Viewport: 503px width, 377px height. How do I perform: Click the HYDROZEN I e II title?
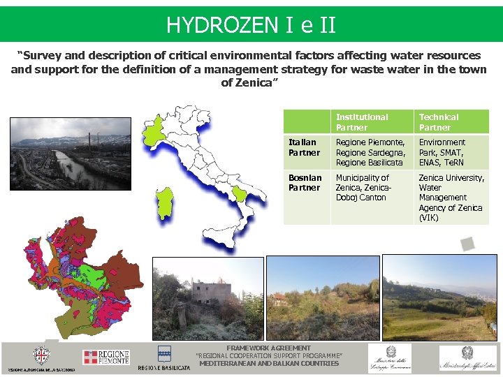click(251, 26)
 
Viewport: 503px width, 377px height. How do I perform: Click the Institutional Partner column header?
click(362, 122)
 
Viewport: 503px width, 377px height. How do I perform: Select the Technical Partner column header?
click(439, 122)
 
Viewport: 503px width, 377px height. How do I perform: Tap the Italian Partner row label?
click(304, 147)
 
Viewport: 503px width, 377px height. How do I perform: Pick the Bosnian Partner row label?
click(305, 183)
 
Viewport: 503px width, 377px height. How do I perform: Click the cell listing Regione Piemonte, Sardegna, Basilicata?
click(370, 152)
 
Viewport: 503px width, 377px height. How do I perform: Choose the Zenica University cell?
click(451, 198)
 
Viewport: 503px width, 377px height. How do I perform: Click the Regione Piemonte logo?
click(106, 357)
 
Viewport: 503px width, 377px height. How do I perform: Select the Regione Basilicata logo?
click(164, 357)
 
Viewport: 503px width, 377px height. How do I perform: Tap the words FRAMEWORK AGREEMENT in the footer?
click(268, 348)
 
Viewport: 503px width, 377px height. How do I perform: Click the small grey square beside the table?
click(467, 244)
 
